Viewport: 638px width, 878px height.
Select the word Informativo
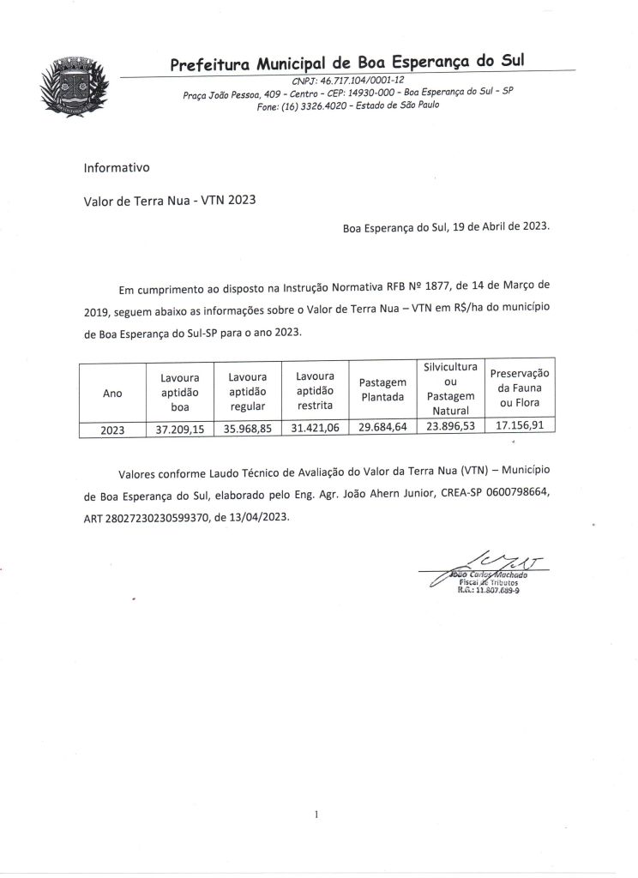pos(117,167)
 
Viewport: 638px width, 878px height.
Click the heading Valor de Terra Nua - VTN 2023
pos(170,202)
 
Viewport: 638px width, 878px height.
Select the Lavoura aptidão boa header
pos(179,392)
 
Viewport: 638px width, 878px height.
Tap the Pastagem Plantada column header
pos(382,389)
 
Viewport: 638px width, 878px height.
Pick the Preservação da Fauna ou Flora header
pos(519,388)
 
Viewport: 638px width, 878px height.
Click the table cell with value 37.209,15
pos(179,430)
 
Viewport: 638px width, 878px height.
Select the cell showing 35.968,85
pos(247,430)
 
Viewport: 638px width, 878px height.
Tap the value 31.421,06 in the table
pos(314,430)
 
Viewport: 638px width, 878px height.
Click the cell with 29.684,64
pos(382,429)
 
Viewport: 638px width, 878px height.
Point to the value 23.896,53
pos(449,428)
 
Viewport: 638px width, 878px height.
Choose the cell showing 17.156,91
pos(519,426)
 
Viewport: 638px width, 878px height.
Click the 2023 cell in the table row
pos(112,431)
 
